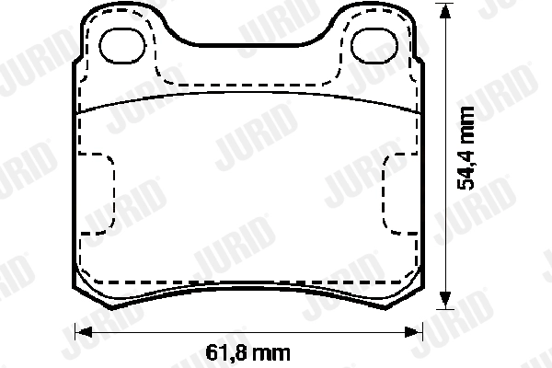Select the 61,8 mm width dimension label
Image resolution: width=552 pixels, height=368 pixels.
pos(247,353)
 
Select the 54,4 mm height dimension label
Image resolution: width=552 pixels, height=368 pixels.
pos(466,148)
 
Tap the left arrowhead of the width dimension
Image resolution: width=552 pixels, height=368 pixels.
pos(84,332)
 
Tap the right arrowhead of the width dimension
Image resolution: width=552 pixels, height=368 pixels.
pos(412,332)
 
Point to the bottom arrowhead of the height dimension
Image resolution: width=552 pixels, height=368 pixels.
pos(445,300)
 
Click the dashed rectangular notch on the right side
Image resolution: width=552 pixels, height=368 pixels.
pos(383,194)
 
